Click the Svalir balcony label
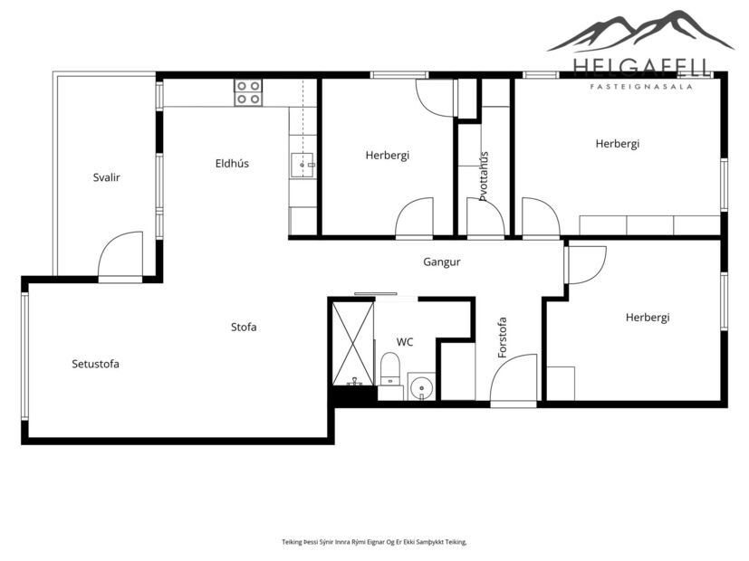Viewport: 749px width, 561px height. coord(106,177)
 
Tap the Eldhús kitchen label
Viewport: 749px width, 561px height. coord(232,164)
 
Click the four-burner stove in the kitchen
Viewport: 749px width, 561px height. coord(248,92)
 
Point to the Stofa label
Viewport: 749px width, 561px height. coord(244,327)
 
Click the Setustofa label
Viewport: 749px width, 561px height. coord(95,364)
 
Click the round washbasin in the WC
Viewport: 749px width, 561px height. coord(420,388)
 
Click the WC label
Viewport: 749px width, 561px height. coord(405,342)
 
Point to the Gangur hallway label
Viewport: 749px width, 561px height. coord(442,262)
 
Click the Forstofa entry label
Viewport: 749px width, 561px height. coord(503,337)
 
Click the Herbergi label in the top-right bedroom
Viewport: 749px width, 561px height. coord(618,143)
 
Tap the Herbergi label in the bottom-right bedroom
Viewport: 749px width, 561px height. coord(647,318)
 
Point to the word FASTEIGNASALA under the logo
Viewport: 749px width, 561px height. coord(641,87)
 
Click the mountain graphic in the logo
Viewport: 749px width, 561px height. coord(639,32)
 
